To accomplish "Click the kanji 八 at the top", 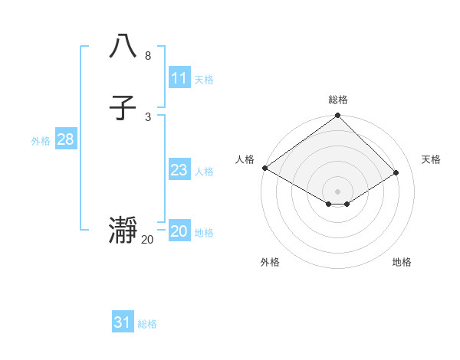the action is (x=123, y=47).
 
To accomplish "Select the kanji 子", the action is (x=123, y=109).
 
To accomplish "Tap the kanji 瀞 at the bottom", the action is (x=123, y=231).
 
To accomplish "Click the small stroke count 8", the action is (x=147, y=56).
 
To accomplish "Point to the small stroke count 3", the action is (x=147, y=116).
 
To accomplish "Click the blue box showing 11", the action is (x=179, y=78).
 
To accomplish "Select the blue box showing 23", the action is (x=179, y=170).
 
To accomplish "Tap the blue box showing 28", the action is (x=65, y=139).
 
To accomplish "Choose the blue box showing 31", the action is (x=123, y=322).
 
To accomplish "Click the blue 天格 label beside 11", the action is (x=204, y=80).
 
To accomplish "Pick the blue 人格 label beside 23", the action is (x=204, y=172).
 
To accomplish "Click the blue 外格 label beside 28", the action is (x=41, y=141).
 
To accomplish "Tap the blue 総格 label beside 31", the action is (x=147, y=324).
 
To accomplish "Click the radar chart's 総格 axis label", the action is (x=338, y=100).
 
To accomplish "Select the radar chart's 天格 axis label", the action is (x=432, y=159).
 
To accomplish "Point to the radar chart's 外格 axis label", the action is (x=270, y=262).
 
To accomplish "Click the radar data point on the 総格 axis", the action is (x=338, y=116).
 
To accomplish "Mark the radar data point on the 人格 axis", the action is (x=265, y=168).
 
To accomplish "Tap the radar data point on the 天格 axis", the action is (x=396, y=172).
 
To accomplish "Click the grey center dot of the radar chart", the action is (x=338, y=191).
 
